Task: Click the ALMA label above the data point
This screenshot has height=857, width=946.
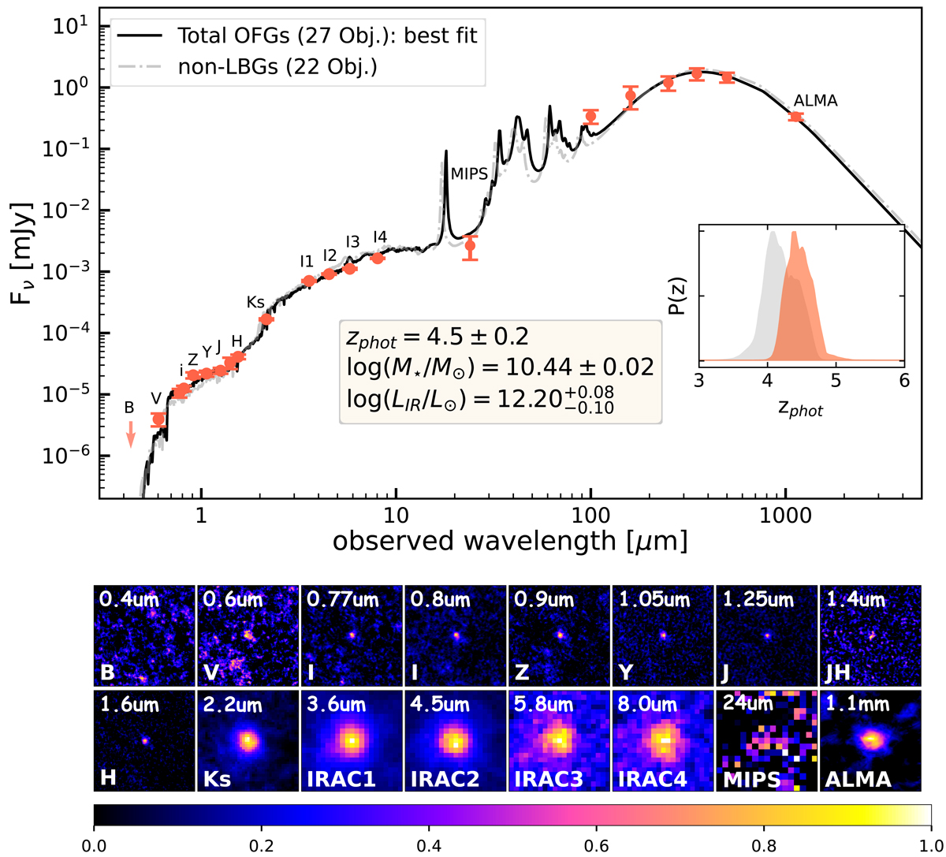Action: coord(815,101)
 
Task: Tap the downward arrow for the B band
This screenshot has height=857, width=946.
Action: coord(132,434)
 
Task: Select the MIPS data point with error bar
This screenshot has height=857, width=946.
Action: coord(470,246)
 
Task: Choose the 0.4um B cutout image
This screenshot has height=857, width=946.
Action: coord(144,635)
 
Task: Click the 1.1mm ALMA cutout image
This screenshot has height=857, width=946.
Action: coord(871,740)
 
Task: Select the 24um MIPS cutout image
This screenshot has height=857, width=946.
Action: coord(766,740)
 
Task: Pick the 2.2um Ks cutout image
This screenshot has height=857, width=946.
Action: coord(248,740)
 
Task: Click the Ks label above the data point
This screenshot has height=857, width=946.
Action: coord(255,302)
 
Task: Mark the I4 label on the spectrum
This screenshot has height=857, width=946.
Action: coord(380,237)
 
